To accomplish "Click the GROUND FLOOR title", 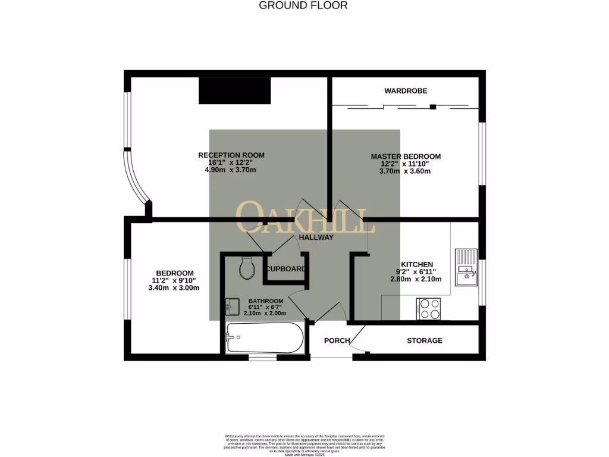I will click(303, 5).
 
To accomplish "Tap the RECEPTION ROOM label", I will click(231, 155).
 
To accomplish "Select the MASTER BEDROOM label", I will click(406, 156).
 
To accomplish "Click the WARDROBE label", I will click(406, 91).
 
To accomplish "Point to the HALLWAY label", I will click(316, 237).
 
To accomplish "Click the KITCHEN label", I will click(416, 264).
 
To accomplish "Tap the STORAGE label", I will click(425, 341).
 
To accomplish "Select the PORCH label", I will click(337, 341).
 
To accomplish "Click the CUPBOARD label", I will click(286, 269).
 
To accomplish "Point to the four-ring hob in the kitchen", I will click(429, 308).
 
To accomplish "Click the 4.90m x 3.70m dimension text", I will click(231, 170).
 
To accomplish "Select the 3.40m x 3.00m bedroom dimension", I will click(174, 287).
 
